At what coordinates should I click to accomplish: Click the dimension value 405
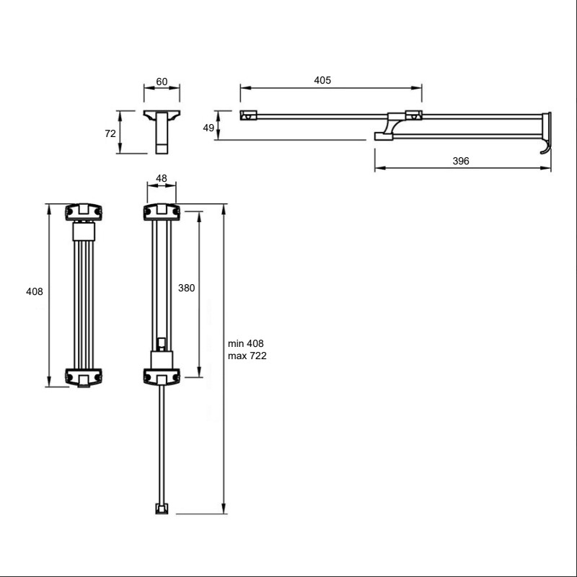(x=322, y=80)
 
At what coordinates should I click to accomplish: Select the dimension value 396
(x=461, y=161)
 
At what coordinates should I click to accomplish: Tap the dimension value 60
(x=162, y=82)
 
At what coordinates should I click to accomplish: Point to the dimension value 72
(x=110, y=133)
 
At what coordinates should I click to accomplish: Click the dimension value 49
(x=208, y=128)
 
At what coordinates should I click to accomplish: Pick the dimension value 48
(x=161, y=178)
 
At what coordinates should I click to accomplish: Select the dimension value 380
(x=186, y=288)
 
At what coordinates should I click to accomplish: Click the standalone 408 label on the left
(x=34, y=291)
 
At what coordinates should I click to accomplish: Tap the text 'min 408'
(x=245, y=343)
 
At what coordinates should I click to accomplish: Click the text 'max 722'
(x=247, y=356)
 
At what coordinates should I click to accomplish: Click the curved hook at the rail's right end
(x=546, y=147)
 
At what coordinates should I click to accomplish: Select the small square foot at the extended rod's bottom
(x=162, y=508)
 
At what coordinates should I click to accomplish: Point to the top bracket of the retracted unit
(x=84, y=212)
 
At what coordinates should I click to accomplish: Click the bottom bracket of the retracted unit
(x=84, y=377)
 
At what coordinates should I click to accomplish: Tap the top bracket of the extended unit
(x=162, y=212)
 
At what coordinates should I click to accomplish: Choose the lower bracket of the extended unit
(x=162, y=376)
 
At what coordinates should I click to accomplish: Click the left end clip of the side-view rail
(x=248, y=115)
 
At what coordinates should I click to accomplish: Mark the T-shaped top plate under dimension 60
(x=162, y=115)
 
